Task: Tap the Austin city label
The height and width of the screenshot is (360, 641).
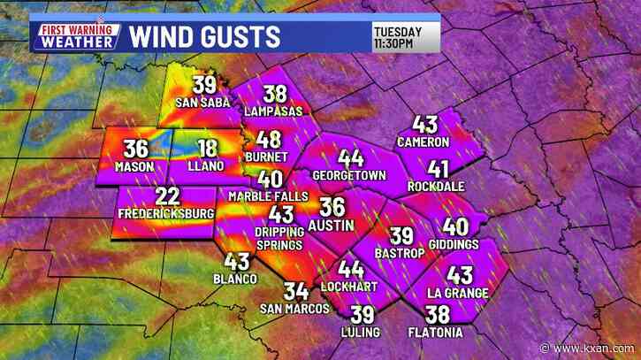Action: [x=332, y=226]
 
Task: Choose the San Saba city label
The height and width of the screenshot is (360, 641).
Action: [x=202, y=103]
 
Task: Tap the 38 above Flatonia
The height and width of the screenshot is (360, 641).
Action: [x=437, y=314]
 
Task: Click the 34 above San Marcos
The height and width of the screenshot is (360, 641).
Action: [x=295, y=291]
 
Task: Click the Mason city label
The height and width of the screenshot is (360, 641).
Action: [x=134, y=166]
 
